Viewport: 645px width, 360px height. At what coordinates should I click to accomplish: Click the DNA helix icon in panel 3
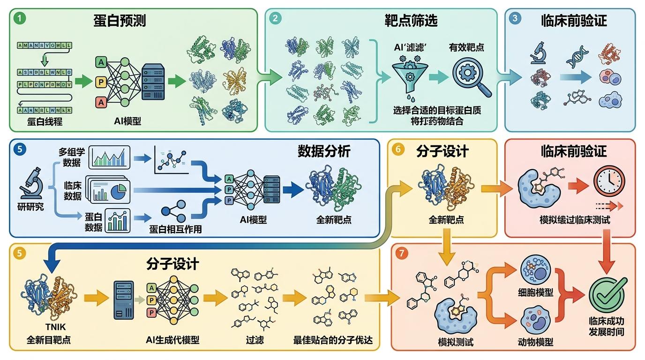tap(577, 56)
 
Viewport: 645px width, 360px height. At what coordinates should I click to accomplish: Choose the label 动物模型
tap(536, 342)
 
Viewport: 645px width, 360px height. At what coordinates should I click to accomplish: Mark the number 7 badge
tap(401, 253)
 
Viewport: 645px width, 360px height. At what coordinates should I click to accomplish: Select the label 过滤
tap(254, 340)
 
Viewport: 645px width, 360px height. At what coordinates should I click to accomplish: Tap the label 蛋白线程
tap(45, 122)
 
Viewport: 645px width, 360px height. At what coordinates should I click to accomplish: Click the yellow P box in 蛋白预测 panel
tap(101, 82)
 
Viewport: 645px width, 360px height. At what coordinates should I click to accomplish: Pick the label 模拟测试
tap(455, 342)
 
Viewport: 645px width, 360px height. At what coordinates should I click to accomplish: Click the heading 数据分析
tap(323, 151)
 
